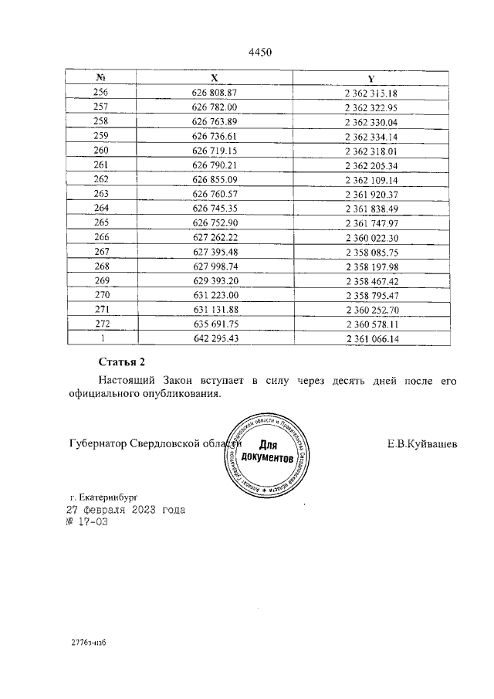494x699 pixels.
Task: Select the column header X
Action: coord(215,79)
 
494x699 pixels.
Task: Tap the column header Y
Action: coord(371,79)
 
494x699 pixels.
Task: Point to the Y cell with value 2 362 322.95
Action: coord(371,107)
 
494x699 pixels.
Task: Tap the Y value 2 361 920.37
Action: coord(371,193)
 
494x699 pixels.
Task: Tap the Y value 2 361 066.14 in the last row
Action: coord(371,338)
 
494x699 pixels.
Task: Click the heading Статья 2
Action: coord(122,361)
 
